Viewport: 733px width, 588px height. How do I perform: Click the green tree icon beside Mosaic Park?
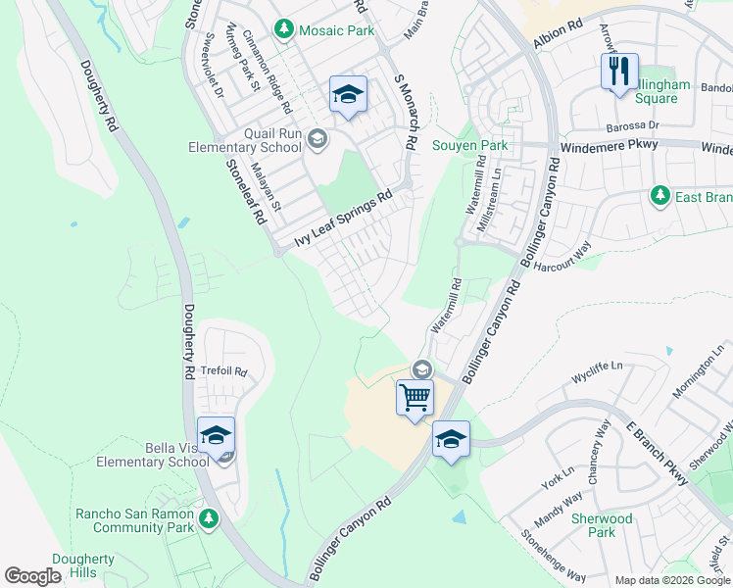(x=283, y=30)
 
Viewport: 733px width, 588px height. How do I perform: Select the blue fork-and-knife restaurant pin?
(x=619, y=73)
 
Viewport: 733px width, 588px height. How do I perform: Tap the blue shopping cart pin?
(x=415, y=399)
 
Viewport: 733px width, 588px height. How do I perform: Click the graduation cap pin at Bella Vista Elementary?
(x=216, y=434)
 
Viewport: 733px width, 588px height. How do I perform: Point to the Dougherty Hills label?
(x=83, y=566)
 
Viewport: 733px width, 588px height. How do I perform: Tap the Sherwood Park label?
(x=602, y=524)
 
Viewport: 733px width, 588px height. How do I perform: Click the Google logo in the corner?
(x=32, y=576)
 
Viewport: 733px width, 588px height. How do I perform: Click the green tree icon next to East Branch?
(x=660, y=197)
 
